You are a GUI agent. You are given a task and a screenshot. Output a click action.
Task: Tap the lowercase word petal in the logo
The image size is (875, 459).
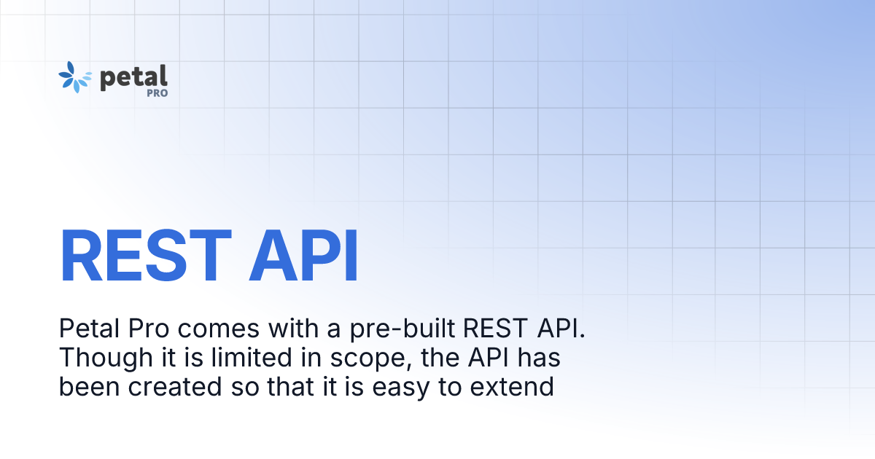click(x=133, y=76)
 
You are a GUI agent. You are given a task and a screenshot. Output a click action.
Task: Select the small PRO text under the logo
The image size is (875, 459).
click(x=157, y=93)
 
